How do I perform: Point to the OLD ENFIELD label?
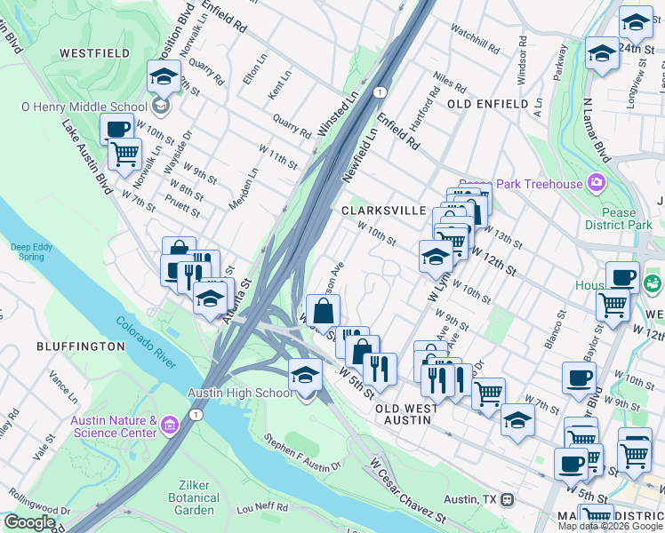(488, 104)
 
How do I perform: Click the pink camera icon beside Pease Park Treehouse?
(596, 184)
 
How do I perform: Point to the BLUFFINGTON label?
(80, 346)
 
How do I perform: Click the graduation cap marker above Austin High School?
(304, 375)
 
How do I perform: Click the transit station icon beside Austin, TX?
(507, 499)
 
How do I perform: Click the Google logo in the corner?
(30, 522)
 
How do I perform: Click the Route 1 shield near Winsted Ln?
(380, 92)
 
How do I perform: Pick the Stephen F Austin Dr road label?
(303, 453)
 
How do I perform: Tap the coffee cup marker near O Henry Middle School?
(116, 130)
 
